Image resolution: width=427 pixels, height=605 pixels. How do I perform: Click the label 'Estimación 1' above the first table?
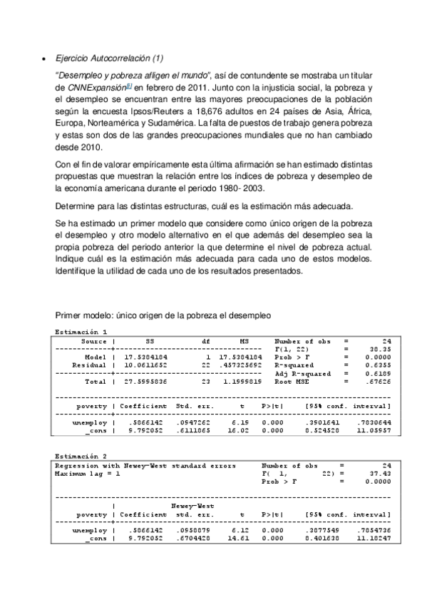(x=81, y=332)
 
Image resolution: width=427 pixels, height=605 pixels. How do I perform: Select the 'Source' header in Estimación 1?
(x=94, y=341)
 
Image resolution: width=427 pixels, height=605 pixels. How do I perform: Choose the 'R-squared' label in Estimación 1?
(x=295, y=365)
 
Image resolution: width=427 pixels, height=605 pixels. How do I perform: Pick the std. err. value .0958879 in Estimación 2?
(x=192, y=532)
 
